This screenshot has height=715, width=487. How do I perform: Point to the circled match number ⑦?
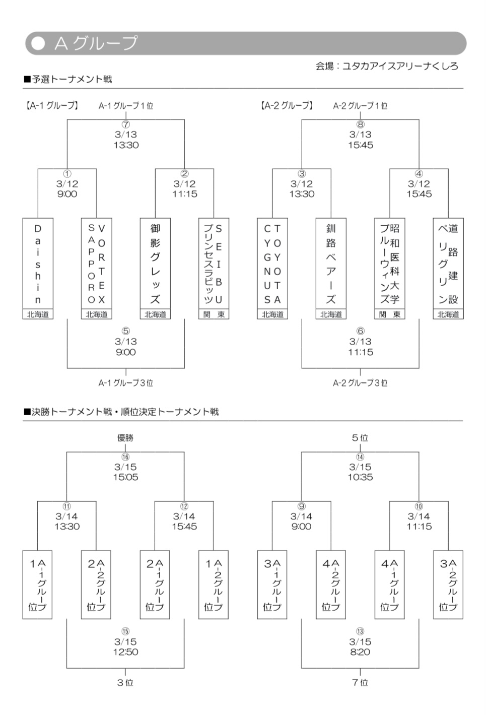[x=126, y=124]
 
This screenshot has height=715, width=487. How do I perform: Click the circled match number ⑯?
[x=125, y=457]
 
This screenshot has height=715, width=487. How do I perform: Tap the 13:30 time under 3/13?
[x=126, y=145]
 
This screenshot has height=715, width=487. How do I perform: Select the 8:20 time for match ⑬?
[x=360, y=652]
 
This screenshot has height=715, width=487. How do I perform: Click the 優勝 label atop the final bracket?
[x=125, y=438]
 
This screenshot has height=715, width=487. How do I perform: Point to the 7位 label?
[x=360, y=683]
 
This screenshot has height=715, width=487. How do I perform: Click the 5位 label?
[x=360, y=438]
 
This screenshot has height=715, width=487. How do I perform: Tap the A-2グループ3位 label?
[x=360, y=383]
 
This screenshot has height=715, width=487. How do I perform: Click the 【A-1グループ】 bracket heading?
[x=52, y=105]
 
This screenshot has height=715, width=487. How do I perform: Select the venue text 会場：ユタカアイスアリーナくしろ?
[x=387, y=66]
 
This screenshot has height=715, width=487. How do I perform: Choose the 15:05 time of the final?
[x=125, y=477]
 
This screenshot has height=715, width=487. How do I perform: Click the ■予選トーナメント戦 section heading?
[x=68, y=80]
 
